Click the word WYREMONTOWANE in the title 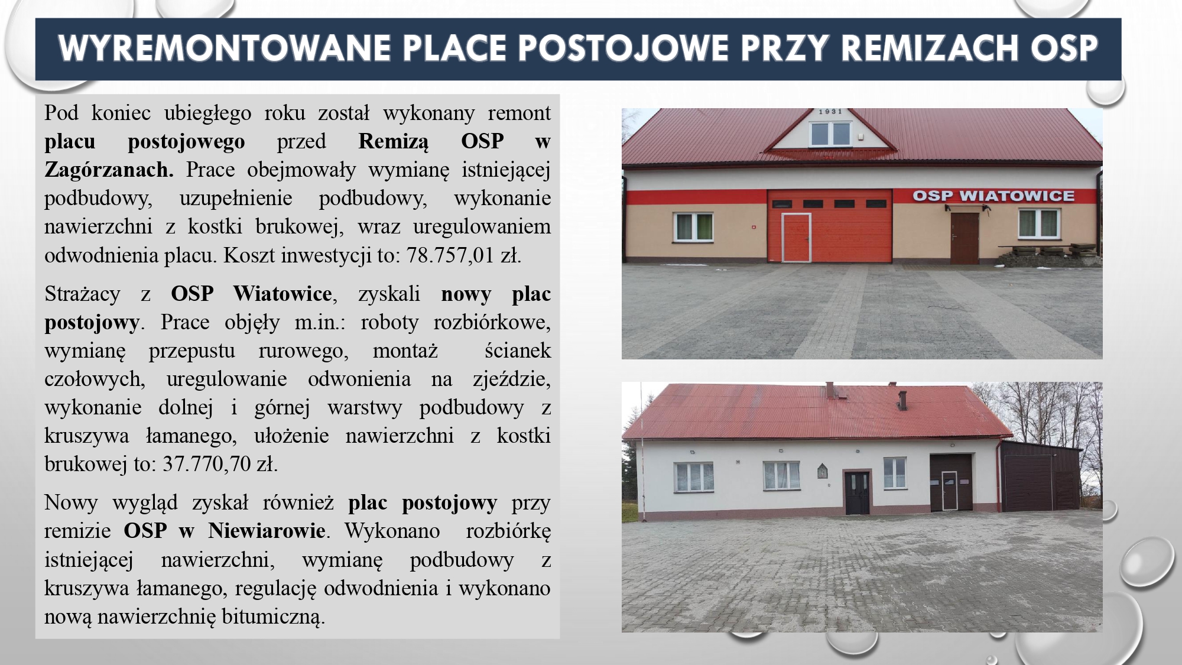(224, 48)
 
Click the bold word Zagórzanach (109, 170)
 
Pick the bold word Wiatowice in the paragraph (282, 294)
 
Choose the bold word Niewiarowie (267, 531)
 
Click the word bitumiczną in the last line (274, 617)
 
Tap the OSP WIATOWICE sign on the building (993, 196)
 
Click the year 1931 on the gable (830, 112)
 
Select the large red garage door (830, 226)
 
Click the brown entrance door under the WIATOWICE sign (965, 238)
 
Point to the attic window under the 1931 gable (830, 134)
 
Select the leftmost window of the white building (694, 476)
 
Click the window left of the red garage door (694, 227)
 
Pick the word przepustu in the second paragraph (192, 351)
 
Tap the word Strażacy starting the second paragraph (82, 294)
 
